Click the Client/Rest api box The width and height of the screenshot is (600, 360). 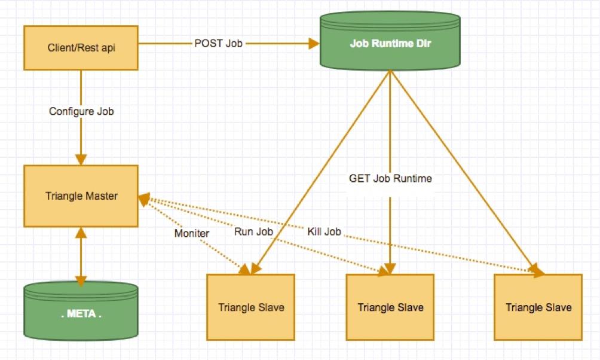[x=81, y=47]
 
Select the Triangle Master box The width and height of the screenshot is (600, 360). [x=81, y=196]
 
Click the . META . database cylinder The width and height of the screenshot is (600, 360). [x=81, y=312]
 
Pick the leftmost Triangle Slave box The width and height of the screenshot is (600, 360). [x=250, y=307]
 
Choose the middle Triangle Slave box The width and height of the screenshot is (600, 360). [x=390, y=307]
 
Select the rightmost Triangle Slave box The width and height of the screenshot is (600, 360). [x=538, y=307]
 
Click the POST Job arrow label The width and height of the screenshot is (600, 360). [x=218, y=44]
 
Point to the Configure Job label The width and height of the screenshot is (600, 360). [x=81, y=111]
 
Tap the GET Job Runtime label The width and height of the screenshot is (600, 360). [x=390, y=178]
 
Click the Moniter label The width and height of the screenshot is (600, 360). [x=191, y=233]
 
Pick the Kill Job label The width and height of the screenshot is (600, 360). [x=325, y=231]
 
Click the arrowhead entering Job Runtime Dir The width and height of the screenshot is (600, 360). [x=313, y=44]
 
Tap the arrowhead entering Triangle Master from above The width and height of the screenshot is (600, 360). [x=81, y=160]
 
